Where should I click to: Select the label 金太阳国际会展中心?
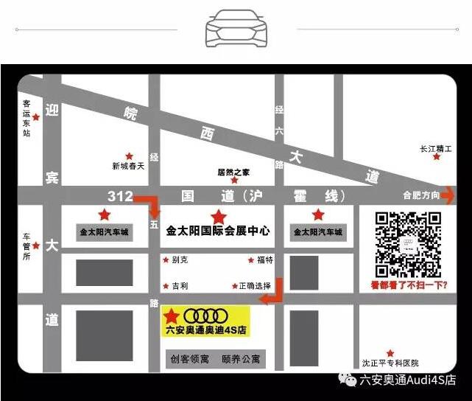(x=219, y=231)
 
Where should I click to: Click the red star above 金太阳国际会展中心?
(x=218, y=217)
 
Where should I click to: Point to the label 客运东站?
(x=27, y=118)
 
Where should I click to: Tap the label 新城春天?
(x=129, y=167)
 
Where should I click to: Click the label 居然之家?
(x=233, y=171)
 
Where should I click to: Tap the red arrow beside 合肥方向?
(x=448, y=195)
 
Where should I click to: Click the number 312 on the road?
(x=120, y=196)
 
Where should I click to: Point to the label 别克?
(x=180, y=260)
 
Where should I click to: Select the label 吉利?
(x=180, y=285)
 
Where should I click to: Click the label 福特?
(x=265, y=260)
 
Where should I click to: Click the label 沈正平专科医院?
(x=390, y=363)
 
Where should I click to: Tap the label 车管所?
(x=27, y=247)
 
